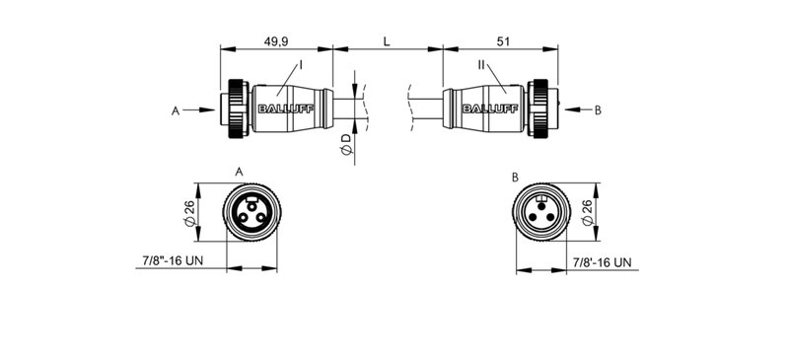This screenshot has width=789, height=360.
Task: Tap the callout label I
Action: (301, 64)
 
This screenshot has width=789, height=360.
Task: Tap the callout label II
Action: (481, 64)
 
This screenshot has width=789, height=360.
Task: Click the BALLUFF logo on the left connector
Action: (286, 109)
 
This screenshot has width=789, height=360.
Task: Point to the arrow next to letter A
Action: (199, 110)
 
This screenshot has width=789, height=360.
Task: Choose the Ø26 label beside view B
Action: (588, 212)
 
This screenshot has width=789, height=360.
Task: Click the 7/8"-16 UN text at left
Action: (168, 261)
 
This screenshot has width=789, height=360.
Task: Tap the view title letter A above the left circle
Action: (240, 172)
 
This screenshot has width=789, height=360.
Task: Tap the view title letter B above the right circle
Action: (515, 177)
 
